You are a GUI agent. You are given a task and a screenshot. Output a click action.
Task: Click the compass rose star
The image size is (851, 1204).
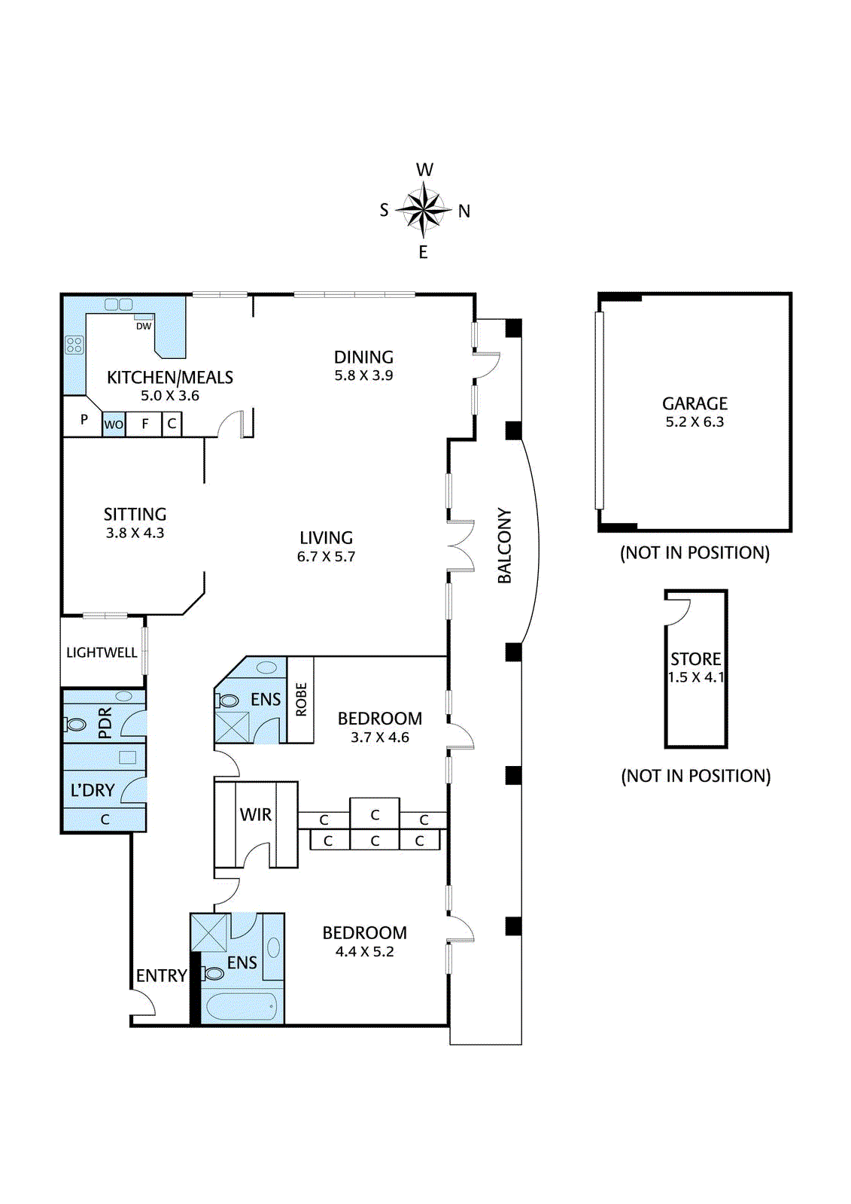click(424, 210)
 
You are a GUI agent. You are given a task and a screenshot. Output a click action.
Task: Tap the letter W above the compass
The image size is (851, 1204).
click(424, 170)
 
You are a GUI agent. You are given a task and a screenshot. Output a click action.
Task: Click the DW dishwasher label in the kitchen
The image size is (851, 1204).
click(144, 326)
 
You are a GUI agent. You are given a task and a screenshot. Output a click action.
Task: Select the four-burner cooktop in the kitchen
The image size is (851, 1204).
click(74, 345)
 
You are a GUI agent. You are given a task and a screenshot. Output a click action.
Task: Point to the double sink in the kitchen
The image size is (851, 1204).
click(118, 305)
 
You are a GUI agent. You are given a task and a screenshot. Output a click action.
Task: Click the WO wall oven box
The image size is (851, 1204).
click(114, 424)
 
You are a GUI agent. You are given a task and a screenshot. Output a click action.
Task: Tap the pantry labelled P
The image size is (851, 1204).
click(84, 419)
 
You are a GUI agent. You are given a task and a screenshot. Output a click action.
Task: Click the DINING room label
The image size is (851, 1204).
click(363, 357)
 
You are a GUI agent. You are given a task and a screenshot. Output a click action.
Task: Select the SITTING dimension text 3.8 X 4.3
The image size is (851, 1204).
click(135, 534)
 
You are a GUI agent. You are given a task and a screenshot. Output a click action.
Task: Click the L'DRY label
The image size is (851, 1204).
click(93, 790)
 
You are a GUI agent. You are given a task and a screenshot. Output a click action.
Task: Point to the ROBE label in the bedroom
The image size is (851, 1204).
click(301, 699)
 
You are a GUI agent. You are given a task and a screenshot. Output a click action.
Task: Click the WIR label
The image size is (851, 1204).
click(256, 815)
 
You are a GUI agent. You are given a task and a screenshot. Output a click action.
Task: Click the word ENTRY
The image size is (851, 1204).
click(161, 975)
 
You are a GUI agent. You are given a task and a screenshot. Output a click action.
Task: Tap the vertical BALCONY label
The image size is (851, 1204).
click(505, 546)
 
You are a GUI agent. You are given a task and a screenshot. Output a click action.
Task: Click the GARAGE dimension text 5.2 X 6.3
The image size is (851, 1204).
click(694, 422)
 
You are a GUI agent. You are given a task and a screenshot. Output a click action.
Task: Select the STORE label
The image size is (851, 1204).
click(696, 659)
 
